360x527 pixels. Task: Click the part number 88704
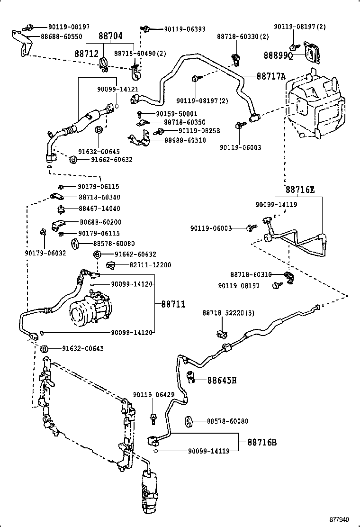click(x=111, y=36)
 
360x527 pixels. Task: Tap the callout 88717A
click(x=271, y=76)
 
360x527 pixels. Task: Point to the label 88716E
click(x=300, y=190)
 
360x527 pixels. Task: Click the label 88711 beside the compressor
click(x=173, y=304)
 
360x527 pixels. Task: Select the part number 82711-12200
click(x=150, y=265)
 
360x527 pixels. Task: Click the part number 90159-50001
click(x=170, y=114)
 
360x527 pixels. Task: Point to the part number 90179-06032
click(x=45, y=253)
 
